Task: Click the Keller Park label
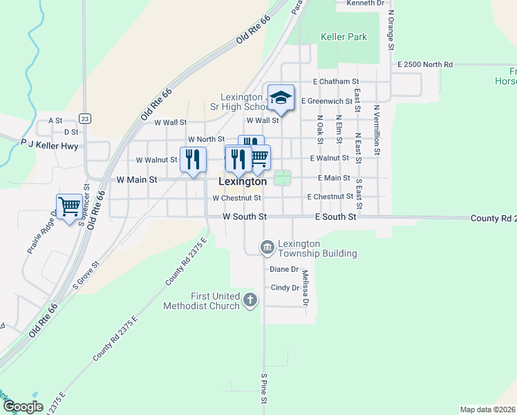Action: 344,37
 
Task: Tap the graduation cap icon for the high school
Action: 281,98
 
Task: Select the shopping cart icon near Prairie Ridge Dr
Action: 68,206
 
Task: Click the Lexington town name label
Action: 243,181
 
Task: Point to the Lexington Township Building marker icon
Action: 267,247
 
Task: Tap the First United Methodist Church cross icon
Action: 250,300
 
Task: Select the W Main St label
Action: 137,179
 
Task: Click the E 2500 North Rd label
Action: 425,64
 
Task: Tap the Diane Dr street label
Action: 284,269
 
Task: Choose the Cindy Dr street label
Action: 284,288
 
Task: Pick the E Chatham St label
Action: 336,82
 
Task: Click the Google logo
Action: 23,406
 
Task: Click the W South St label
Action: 244,216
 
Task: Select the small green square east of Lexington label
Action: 282,178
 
